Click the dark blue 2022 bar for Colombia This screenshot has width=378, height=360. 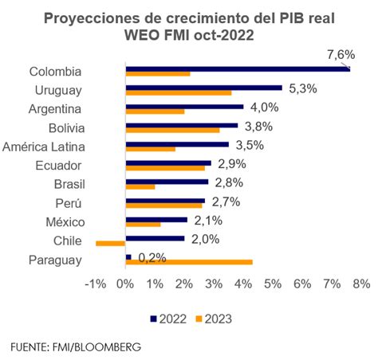point(238,68)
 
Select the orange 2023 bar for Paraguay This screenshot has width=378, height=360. point(189,261)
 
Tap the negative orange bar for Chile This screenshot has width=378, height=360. point(111,243)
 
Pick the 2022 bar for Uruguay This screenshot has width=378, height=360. point(204,87)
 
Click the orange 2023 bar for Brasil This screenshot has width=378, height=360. point(140,186)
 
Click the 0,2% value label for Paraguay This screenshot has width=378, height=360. point(152,256)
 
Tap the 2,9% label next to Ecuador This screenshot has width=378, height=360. point(231,162)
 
